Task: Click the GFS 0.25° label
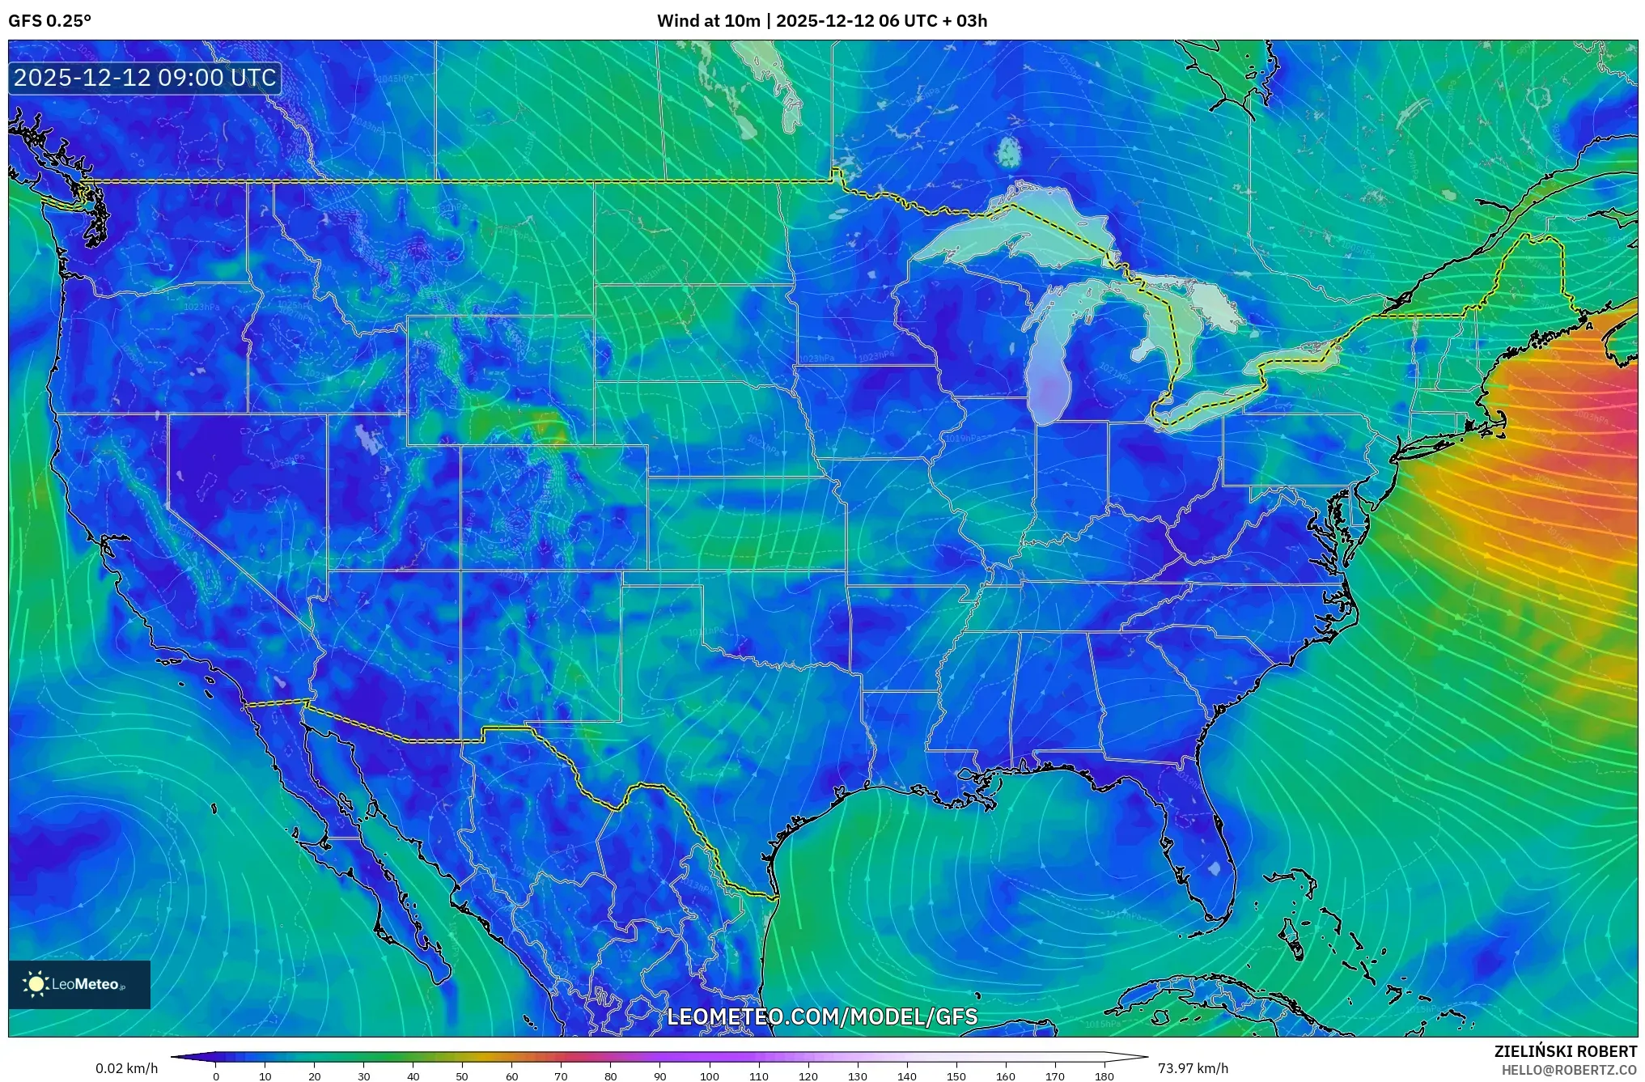pyautogui.click(x=49, y=21)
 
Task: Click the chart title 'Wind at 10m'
pyautogui.click(x=707, y=21)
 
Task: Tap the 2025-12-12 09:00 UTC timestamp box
pyautogui.click(x=146, y=78)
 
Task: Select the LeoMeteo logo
pyautogui.click(x=79, y=984)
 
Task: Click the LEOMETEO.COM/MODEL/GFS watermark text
pyautogui.click(x=822, y=1016)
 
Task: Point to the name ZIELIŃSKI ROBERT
pyautogui.click(x=1565, y=1051)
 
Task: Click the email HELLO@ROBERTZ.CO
pyautogui.click(x=1569, y=1070)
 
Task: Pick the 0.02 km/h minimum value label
pyautogui.click(x=126, y=1068)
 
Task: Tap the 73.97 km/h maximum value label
pyautogui.click(x=1193, y=1068)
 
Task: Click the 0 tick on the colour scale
pyautogui.click(x=216, y=1076)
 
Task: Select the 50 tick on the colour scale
pyautogui.click(x=462, y=1076)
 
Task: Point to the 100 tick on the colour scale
pyautogui.click(x=710, y=1076)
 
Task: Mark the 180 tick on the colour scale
pyautogui.click(x=1104, y=1076)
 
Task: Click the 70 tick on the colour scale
pyautogui.click(x=561, y=1076)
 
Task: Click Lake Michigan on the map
pyautogui.click(x=1049, y=364)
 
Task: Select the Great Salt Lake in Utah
pyautogui.click(x=369, y=438)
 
